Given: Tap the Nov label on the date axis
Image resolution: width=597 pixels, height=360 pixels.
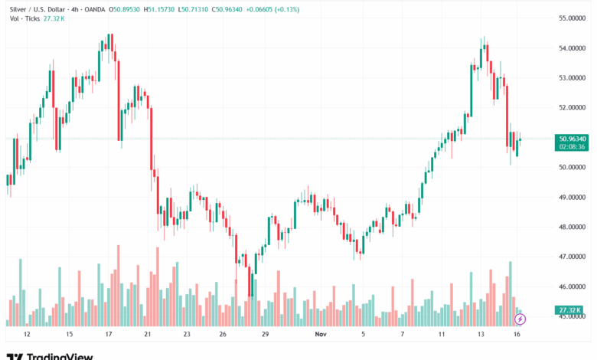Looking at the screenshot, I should click(x=321, y=335).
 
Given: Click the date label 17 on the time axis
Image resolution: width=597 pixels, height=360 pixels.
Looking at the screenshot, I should click(x=109, y=335).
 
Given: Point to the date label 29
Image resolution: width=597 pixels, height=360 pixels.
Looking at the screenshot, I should click(x=265, y=335).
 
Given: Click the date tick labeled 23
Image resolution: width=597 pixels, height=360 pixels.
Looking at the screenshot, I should click(x=187, y=335).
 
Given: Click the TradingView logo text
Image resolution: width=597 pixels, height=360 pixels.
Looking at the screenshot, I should click(x=60, y=355).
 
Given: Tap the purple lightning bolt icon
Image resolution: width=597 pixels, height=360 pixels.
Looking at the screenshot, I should click(x=520, y=319).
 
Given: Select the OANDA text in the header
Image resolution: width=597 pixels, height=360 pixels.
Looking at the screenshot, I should click(x=95, y=9).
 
